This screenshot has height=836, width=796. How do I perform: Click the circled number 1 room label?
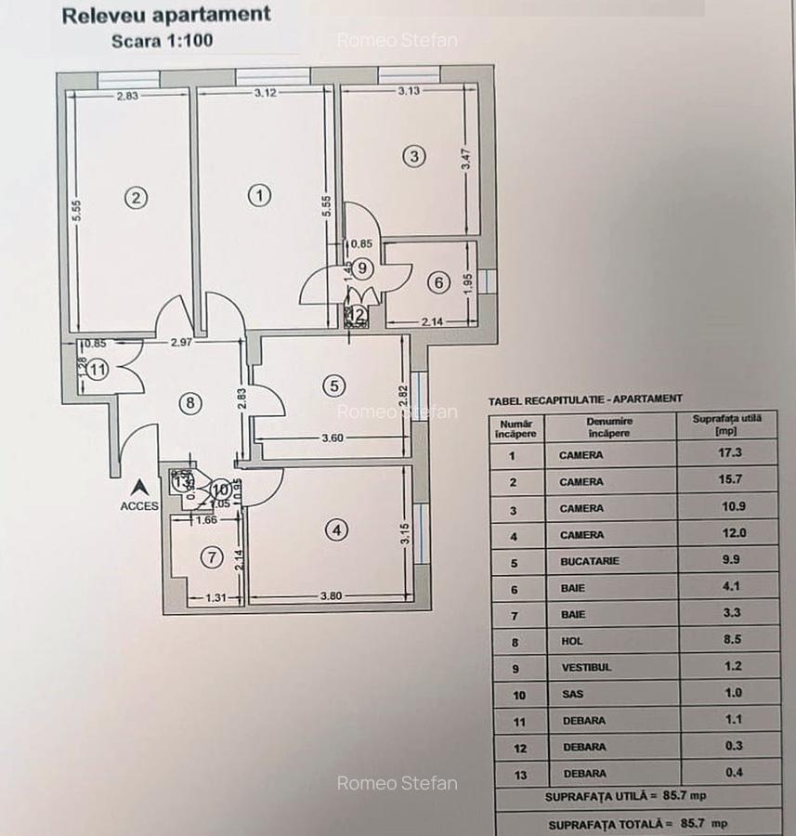[260, 195]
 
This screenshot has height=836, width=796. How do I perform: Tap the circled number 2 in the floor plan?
[137, 197]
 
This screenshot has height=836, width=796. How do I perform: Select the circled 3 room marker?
[414, 156]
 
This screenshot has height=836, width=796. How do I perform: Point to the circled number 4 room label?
[336, 529]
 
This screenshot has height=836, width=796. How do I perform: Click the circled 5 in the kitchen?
[335, 385]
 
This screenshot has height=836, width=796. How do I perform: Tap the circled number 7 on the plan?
[213, 557]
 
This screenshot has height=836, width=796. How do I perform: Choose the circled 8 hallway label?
[189, 403]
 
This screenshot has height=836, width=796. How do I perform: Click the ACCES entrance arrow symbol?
[139, 486]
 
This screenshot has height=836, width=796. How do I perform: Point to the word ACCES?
[139, 506]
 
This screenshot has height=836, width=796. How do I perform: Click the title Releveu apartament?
[165, 15]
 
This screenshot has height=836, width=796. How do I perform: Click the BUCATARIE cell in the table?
[589, 561]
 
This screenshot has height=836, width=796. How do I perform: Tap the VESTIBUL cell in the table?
[585, 667]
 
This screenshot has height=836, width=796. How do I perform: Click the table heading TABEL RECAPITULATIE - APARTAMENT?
[584, 398]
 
